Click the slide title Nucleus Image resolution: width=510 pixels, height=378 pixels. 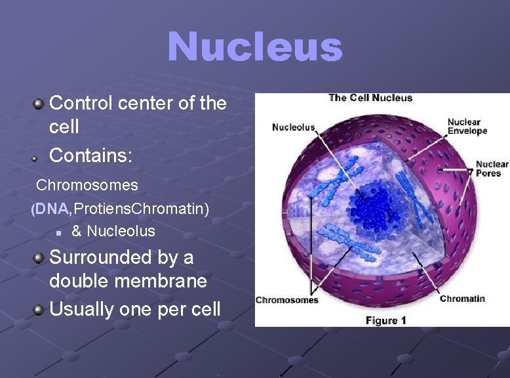point(255,47)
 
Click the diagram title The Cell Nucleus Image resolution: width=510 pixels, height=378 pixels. point(370,98)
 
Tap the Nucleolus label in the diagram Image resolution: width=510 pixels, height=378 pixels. point(293,127)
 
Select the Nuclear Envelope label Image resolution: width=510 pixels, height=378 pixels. point(467,126)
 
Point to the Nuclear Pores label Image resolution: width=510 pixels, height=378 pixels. point(492,169)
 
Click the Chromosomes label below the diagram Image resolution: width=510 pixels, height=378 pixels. point(286,300)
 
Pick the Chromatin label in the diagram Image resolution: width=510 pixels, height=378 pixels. point(462,299)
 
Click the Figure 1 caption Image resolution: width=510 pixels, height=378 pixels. point(385,320)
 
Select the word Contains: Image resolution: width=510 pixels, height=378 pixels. point(91,156)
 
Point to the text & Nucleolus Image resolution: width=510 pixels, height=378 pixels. point(113,231)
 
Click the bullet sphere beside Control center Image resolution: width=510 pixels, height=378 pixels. point(39,103)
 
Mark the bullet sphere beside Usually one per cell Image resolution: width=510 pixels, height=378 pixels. point(39,309)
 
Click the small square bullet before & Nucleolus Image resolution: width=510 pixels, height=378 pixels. point(58,232)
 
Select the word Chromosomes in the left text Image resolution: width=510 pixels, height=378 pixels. point(87,185)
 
